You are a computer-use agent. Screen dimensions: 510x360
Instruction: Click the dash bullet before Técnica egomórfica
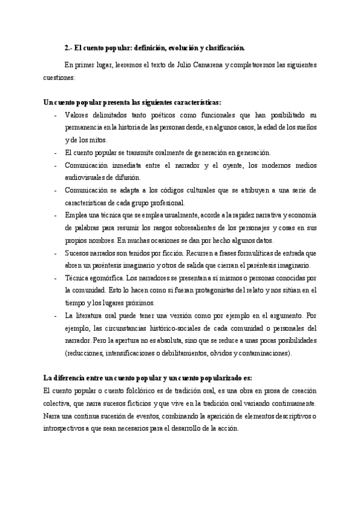[55, 278]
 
